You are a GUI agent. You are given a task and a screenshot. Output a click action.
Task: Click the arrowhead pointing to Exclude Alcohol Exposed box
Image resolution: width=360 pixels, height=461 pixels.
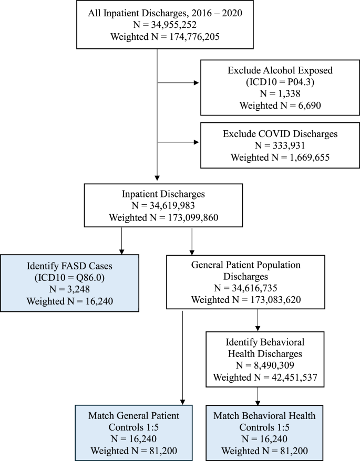(x=198, y=82)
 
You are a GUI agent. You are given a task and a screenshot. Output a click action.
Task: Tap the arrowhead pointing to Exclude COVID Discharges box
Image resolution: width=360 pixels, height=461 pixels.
(x=198, y=142)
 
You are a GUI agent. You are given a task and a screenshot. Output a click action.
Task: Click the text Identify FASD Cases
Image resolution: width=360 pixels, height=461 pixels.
(x=69, y=266)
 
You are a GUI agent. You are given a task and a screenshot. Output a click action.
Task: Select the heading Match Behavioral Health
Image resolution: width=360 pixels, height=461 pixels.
(x=264, y=416)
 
